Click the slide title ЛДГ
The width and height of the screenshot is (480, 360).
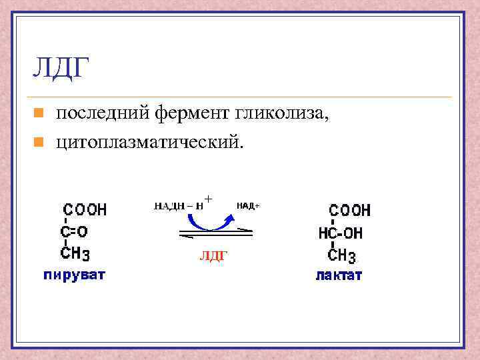[x=61, y=68]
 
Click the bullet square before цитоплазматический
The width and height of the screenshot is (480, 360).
[x=39, y=141]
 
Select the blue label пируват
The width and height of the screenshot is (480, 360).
[x=74, y=274]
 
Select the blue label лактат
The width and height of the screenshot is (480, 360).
[x=339, y=275]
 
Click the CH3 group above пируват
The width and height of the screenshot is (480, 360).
[x=75, y=253]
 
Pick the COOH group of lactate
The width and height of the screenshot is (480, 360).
[x=349, y=211]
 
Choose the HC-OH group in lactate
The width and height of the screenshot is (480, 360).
[x=341, y=233]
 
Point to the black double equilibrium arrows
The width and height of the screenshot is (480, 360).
[x=215, y=233]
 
